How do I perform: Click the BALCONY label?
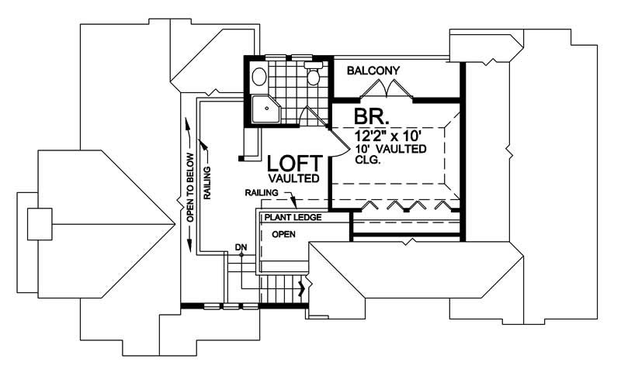[373, 71]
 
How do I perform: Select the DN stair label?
[241, 248]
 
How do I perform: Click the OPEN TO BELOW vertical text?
[189, 186]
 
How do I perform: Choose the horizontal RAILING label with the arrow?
[261, 191]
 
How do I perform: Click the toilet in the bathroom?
[313, 76]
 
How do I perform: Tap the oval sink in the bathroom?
[259, 76]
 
